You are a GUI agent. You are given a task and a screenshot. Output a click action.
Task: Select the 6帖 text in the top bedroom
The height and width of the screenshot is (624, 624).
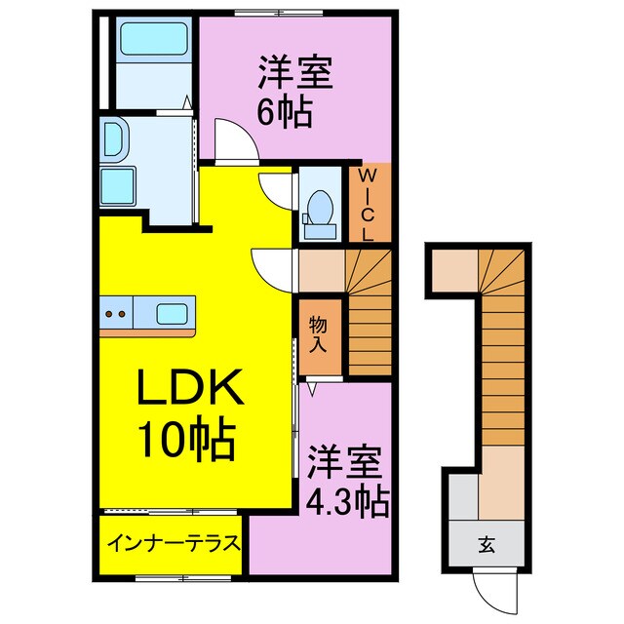(x=284, y=112)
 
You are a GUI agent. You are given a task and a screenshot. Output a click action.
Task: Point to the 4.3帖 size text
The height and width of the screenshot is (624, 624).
(x=347, y=503)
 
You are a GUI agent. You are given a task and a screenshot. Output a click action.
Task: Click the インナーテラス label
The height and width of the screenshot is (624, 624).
(x=174, y=543)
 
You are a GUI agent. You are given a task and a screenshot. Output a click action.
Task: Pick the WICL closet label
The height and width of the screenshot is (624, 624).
(x=370, y=206)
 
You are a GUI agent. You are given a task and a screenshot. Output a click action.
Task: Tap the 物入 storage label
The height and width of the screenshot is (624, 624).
(x=318, y=332)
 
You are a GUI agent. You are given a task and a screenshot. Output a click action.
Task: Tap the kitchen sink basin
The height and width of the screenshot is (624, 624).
(x=173, y=314)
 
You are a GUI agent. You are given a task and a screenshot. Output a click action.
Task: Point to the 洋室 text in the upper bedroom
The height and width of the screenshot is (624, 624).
(x=295, y=73)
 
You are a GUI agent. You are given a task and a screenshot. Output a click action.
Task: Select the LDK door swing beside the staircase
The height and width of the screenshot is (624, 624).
(x=273, y=266)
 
